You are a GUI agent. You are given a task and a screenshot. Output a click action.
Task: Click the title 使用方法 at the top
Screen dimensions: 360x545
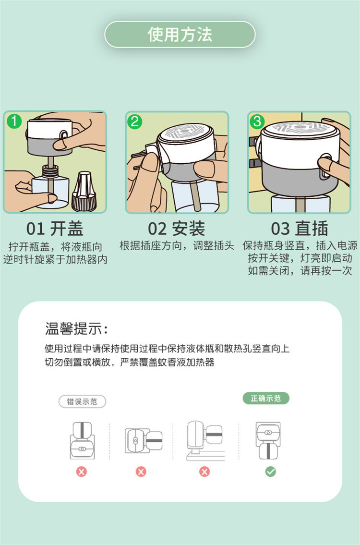[180, 35]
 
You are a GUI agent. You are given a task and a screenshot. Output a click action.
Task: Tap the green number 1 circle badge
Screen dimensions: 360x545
[14, 121]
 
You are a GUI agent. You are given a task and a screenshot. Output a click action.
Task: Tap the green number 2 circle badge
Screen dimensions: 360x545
[135, 121]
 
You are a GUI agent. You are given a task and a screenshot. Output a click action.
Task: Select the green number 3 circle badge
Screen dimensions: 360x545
[257, 121]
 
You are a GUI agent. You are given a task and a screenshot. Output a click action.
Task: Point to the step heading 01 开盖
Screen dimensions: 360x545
[55, 229]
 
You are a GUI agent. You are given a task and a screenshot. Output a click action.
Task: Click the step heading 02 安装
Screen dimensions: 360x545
[177, 229]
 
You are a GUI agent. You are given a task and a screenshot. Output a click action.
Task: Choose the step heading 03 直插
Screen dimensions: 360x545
[300, 229]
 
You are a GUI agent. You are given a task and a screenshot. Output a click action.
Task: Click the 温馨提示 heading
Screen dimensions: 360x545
[77, 328]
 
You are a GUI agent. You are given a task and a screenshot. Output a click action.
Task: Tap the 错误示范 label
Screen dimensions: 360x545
[82, 402]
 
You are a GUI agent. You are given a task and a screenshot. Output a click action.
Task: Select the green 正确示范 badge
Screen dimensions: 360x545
[266, 399]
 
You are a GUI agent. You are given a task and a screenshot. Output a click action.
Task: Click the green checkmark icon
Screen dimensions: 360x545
[271, 472]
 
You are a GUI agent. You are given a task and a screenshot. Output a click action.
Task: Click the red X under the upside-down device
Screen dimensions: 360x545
[82, 472]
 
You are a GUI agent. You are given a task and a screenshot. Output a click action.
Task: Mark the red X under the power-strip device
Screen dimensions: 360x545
[204, 472]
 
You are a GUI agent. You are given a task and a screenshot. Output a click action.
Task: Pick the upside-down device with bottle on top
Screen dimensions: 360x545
[83, 440]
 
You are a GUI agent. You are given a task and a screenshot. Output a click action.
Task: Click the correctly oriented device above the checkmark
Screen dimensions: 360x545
[268, 441]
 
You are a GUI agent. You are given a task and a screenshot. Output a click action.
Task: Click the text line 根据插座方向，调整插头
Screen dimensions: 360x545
[177, 246]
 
